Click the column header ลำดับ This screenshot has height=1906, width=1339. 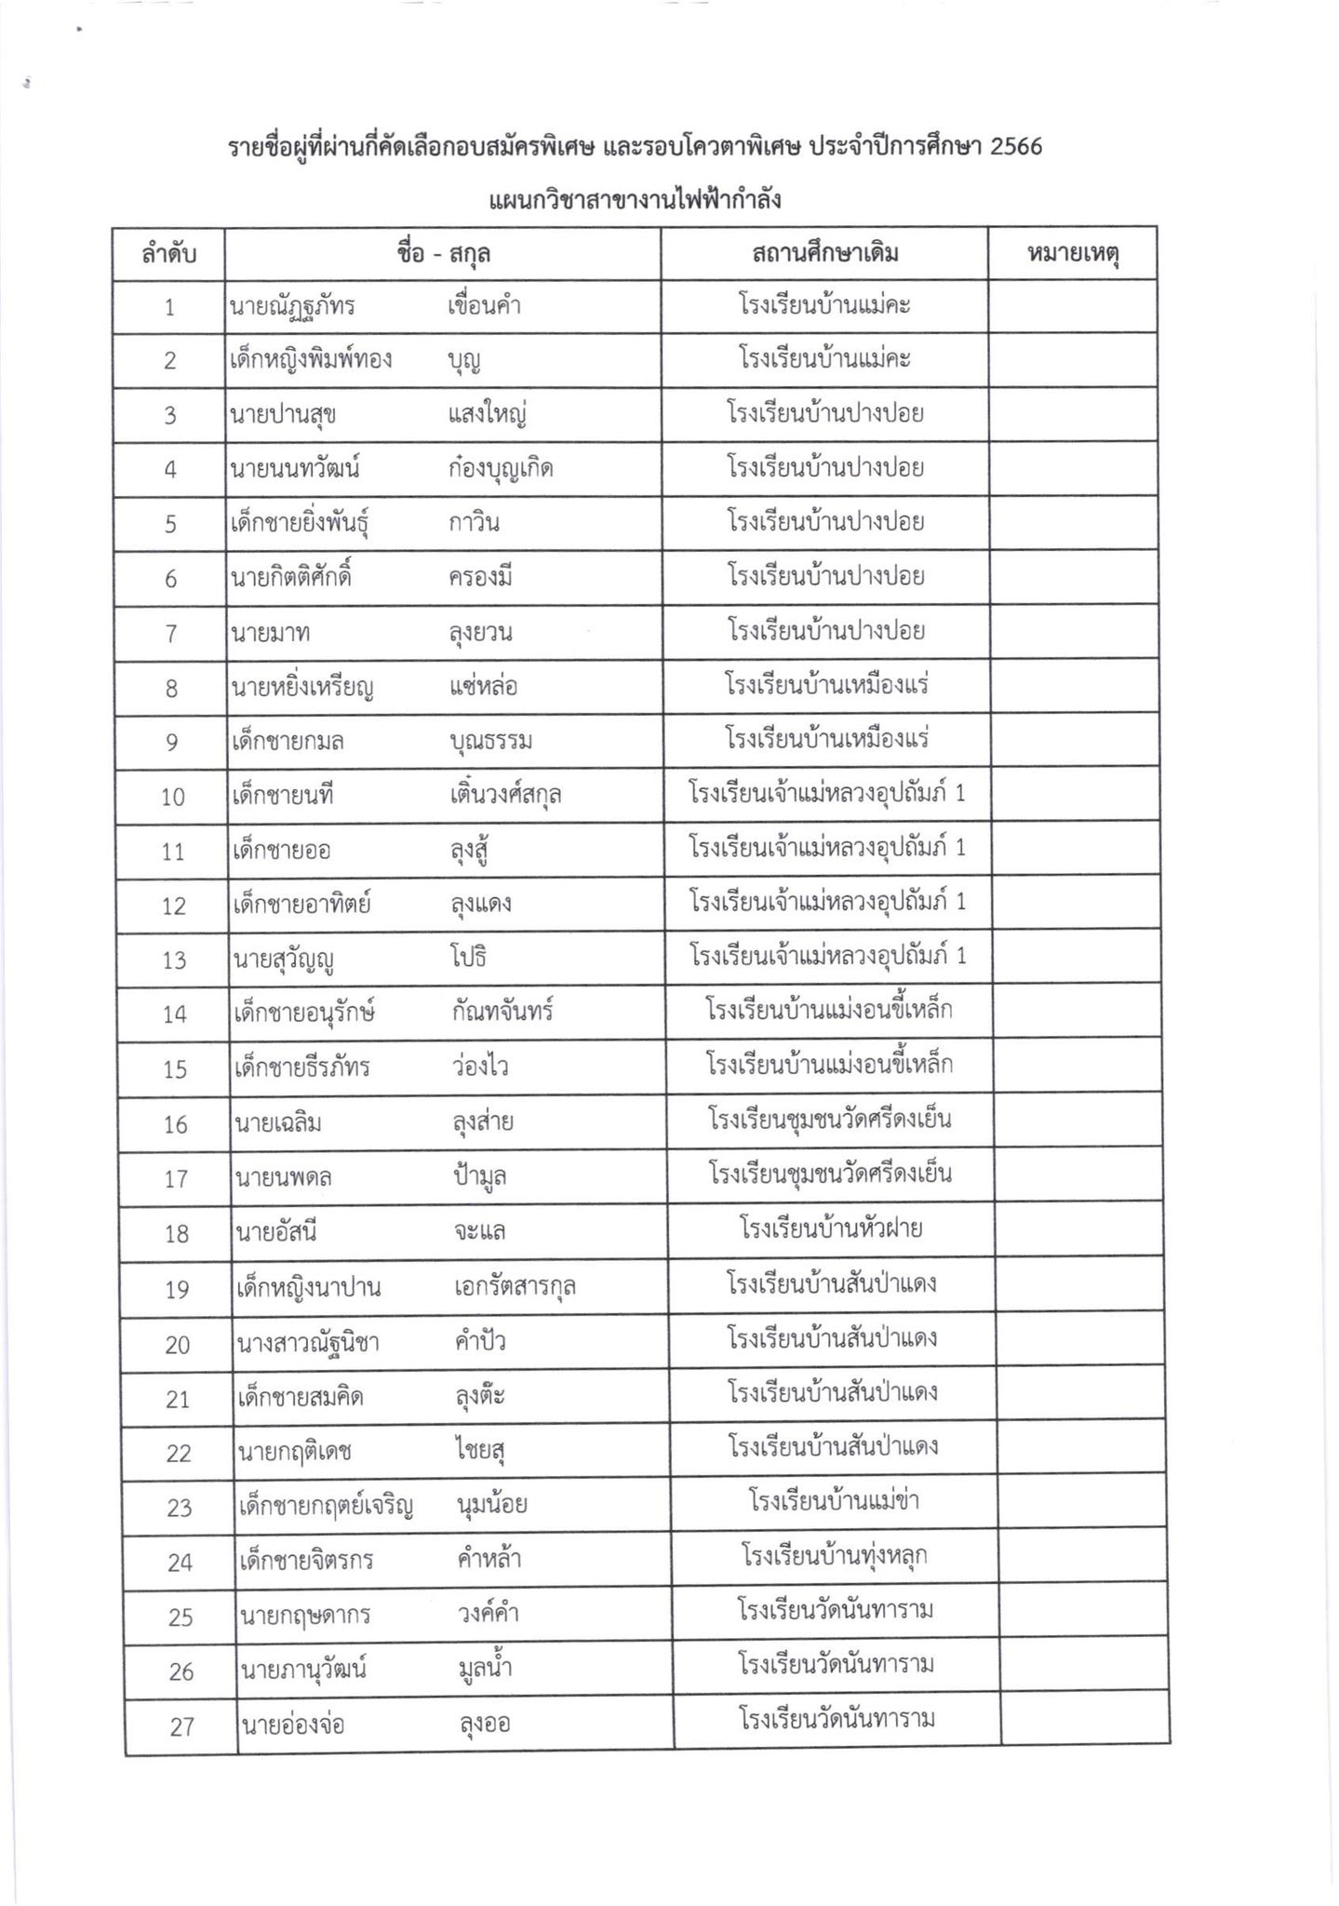(x=168, y=253)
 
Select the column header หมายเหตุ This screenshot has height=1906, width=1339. (x=1072, y=253)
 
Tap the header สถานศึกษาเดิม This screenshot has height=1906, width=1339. (x=824, y=253)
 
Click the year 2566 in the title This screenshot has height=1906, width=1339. (x=1016, y=147)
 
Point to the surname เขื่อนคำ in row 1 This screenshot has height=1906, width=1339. (x=484, y=305)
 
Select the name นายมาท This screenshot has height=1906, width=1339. (x=270, y=633)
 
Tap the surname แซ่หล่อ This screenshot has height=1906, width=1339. (x=483, y=688)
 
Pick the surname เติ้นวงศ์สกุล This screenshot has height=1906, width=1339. (x=504, y=795)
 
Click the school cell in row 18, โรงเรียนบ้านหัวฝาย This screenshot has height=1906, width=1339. (x=831, y=1229)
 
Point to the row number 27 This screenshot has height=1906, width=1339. (x=182, y=1727)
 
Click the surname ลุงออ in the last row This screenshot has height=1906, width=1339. (x=485, y=1725)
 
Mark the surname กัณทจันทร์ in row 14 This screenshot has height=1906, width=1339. (x=502, y=1012)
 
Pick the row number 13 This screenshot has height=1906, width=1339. (x=175, y=960)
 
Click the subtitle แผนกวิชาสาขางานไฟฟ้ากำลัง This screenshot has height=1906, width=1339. (x=635, y=200)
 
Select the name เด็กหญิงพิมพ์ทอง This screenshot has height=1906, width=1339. (x=311, y=359)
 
